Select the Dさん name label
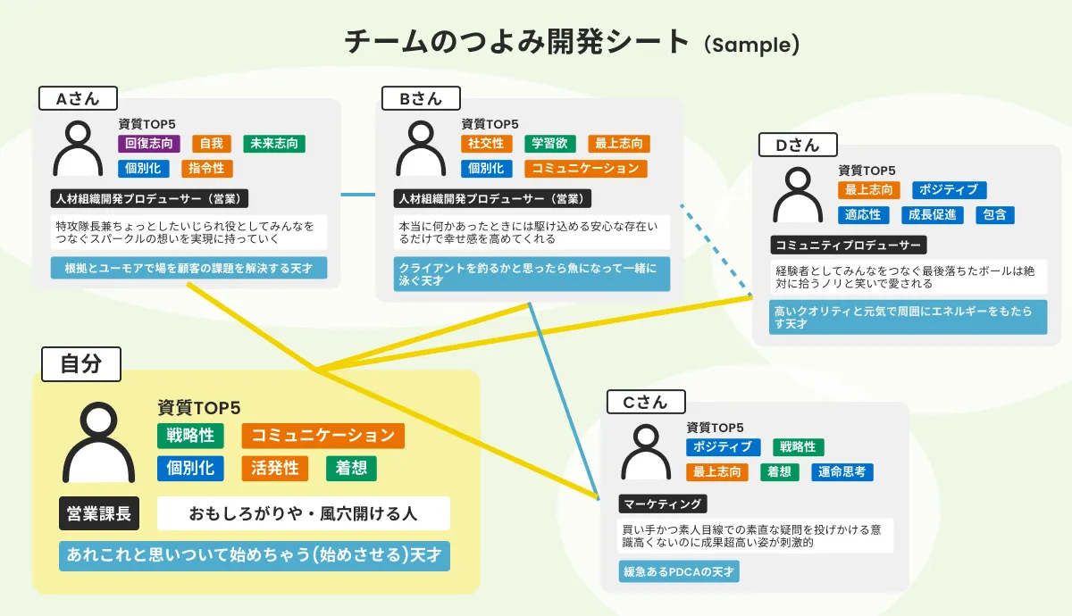pyautogui.click(x=798, y=145)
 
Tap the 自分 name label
pyautogui.click(x=80, y=363)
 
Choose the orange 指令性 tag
pyautogui.click(x=206, y=168)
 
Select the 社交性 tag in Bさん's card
pyautogui.click(x=486, y=143)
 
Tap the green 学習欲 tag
pyautogui.click(x=549, y=143)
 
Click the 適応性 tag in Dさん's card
pyautogui.click(x=863, y=214)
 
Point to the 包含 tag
pyautogui.click(x=994, y=214)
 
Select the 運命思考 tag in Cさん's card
pyautogui.click(x=842, y=471)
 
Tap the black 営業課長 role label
pyautogui.click(x=99, y=513)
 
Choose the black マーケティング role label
pyautogui.click(x=663, y=504)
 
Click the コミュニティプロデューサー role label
pyautogui.click(x=849, y=245)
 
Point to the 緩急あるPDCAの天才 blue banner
pyautogui.click(x=679, y=571)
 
